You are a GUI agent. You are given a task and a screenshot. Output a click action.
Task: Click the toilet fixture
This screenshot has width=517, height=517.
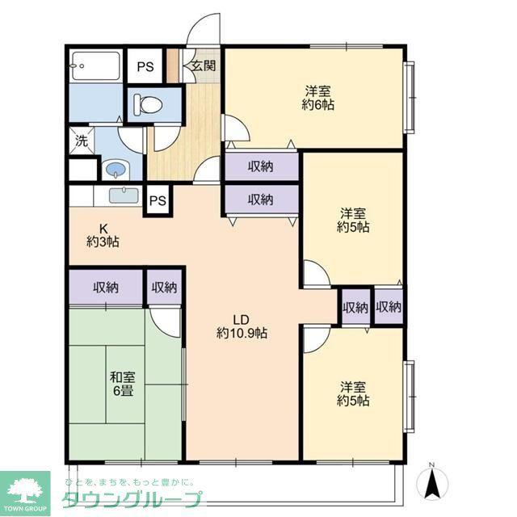point(148,103)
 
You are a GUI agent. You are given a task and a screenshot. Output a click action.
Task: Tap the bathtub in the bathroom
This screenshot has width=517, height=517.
point(95,65)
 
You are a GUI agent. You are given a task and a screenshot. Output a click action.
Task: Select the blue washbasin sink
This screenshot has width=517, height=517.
point(116,170)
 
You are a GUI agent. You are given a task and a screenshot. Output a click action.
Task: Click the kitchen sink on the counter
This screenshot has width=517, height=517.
point(124,195)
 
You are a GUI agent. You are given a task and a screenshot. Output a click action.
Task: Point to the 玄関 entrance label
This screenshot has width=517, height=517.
point(204,65)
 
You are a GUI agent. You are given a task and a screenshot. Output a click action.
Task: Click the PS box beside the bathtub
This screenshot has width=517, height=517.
point(145,66)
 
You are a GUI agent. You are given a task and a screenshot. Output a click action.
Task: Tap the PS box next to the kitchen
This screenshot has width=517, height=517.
point(158,200)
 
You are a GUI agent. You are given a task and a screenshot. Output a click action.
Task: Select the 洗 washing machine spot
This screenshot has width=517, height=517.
point(82,141)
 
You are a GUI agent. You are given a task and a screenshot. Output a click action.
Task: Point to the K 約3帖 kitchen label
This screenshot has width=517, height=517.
point(103,235)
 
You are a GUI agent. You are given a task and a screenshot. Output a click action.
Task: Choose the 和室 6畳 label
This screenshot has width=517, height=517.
point(123,384)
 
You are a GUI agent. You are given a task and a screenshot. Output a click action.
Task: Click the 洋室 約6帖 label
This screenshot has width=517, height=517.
point(317,98)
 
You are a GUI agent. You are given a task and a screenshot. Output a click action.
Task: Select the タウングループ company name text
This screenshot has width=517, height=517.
point(132,500)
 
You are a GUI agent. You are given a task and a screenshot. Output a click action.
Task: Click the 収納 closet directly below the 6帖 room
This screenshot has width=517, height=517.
point(262,166)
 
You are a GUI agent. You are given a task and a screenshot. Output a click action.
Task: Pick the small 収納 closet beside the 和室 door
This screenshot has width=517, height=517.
point(164,288)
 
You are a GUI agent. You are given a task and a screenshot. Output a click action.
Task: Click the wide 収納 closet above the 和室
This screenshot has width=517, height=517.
point(106,288)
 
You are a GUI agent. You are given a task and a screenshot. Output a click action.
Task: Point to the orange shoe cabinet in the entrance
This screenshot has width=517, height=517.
point(173,65)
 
